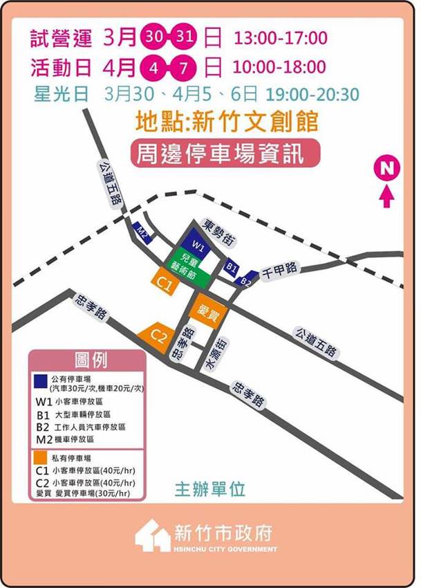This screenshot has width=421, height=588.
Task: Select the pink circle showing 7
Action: click(x=186, y=67)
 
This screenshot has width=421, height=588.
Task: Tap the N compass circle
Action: click(x=386, y=168)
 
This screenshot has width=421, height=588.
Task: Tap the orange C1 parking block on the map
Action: click(x=165, y=283)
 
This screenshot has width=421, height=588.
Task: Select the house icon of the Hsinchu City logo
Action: click(x=153, y=536)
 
